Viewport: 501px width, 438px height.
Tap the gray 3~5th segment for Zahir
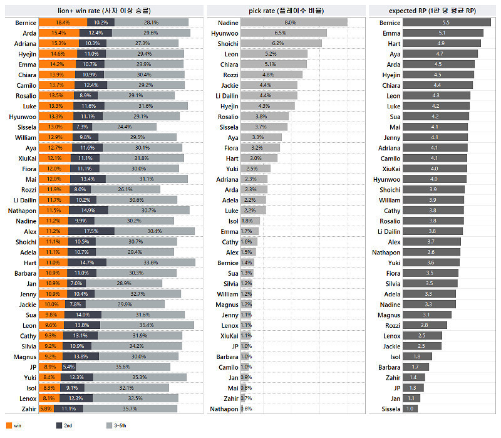(130, 409)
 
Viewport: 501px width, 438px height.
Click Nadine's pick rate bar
(294, 23)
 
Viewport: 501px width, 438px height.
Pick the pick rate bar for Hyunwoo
(283, 33)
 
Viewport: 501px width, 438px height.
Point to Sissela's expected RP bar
(410, 409)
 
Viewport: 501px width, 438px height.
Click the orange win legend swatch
(9, 426)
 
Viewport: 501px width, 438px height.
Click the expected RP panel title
(432, 10)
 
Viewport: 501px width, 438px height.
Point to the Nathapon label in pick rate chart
(225, 409)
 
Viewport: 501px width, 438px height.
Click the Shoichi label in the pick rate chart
(227, 43)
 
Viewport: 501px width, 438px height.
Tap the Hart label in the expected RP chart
(394, 43)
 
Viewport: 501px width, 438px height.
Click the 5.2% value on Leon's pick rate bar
(270, 54)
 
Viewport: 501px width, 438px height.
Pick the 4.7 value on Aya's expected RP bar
(440, 54)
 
